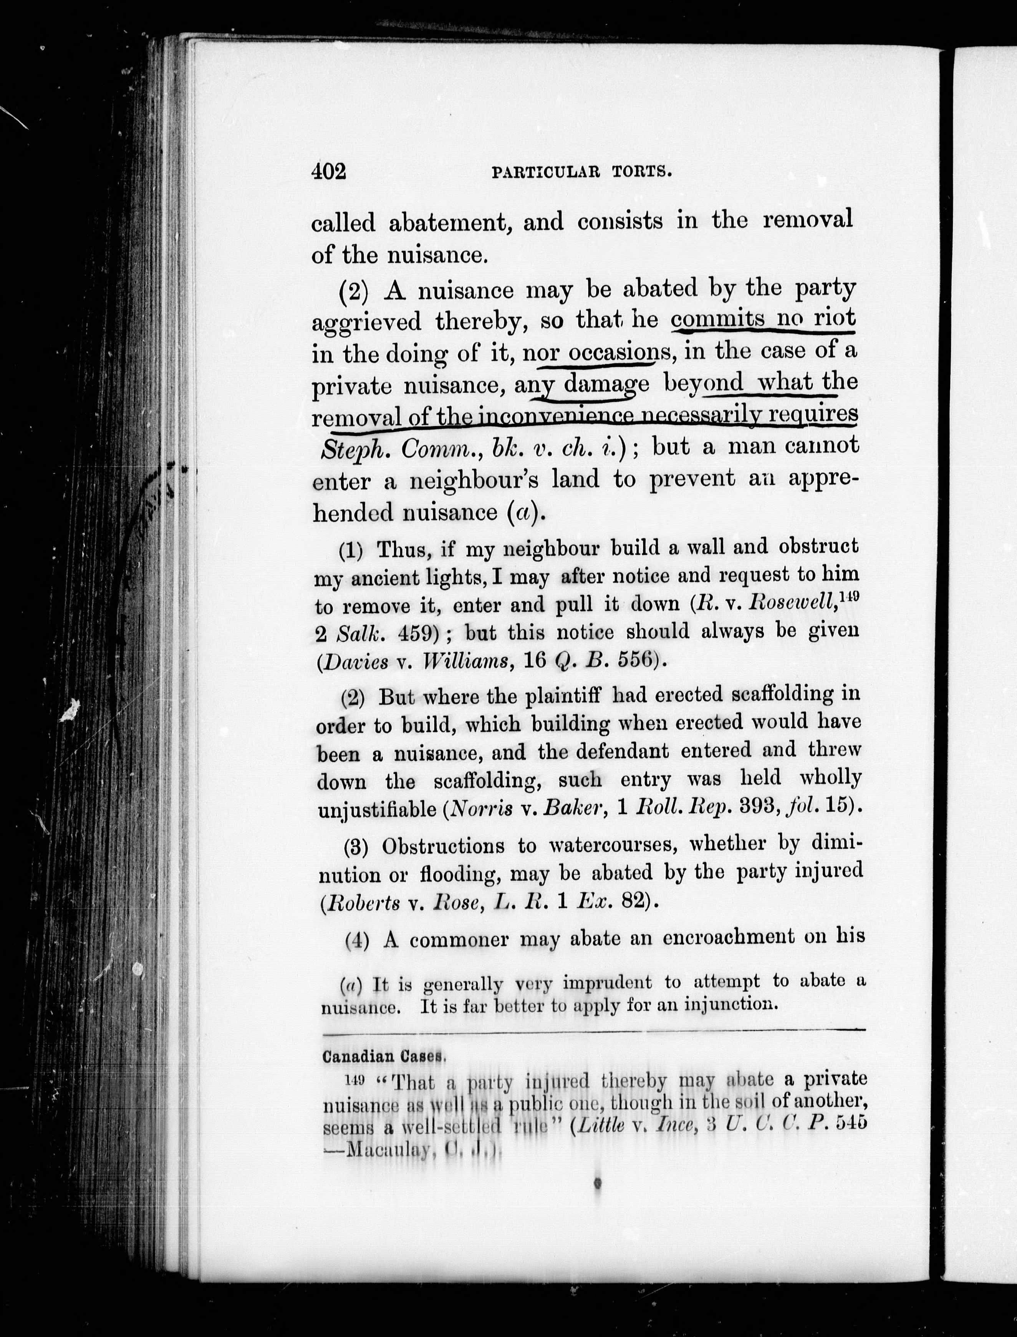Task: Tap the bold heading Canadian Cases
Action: [384, 1057]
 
